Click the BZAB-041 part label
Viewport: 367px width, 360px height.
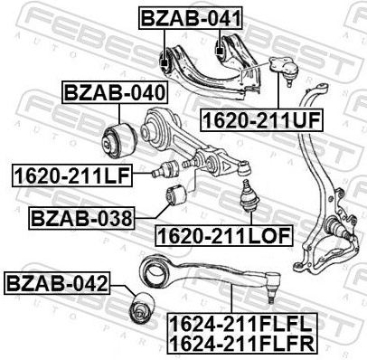tap(191, 18)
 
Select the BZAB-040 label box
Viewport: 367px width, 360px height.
tap(115, 92)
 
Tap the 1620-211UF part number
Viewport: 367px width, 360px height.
tap(261, 119)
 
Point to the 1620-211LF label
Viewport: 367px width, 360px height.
tap(72, 175)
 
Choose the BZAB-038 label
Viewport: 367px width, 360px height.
tap(81, 218)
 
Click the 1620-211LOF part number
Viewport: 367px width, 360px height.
tap(224, 235)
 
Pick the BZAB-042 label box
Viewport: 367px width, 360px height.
tap(57, 283)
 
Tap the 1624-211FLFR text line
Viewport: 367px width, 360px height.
tap(242, 344)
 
